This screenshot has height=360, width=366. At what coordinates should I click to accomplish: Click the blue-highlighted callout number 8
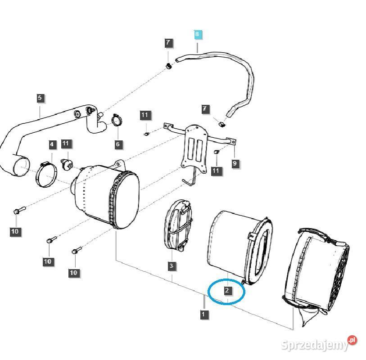[197, 34]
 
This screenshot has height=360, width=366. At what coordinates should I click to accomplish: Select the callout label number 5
[40, 98]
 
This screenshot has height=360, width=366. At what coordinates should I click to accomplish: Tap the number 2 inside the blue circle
[228, 291]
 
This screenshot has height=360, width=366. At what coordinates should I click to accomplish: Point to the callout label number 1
[204, 314]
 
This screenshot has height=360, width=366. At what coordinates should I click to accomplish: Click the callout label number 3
[171, 266]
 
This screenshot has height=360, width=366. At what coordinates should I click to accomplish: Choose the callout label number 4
[52, 144]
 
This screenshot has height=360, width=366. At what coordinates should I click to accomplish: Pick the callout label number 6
[118, 144]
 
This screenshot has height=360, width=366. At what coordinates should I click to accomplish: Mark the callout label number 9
[235, 163]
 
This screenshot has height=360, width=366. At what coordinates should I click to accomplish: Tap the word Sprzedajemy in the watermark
[314, 345]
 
